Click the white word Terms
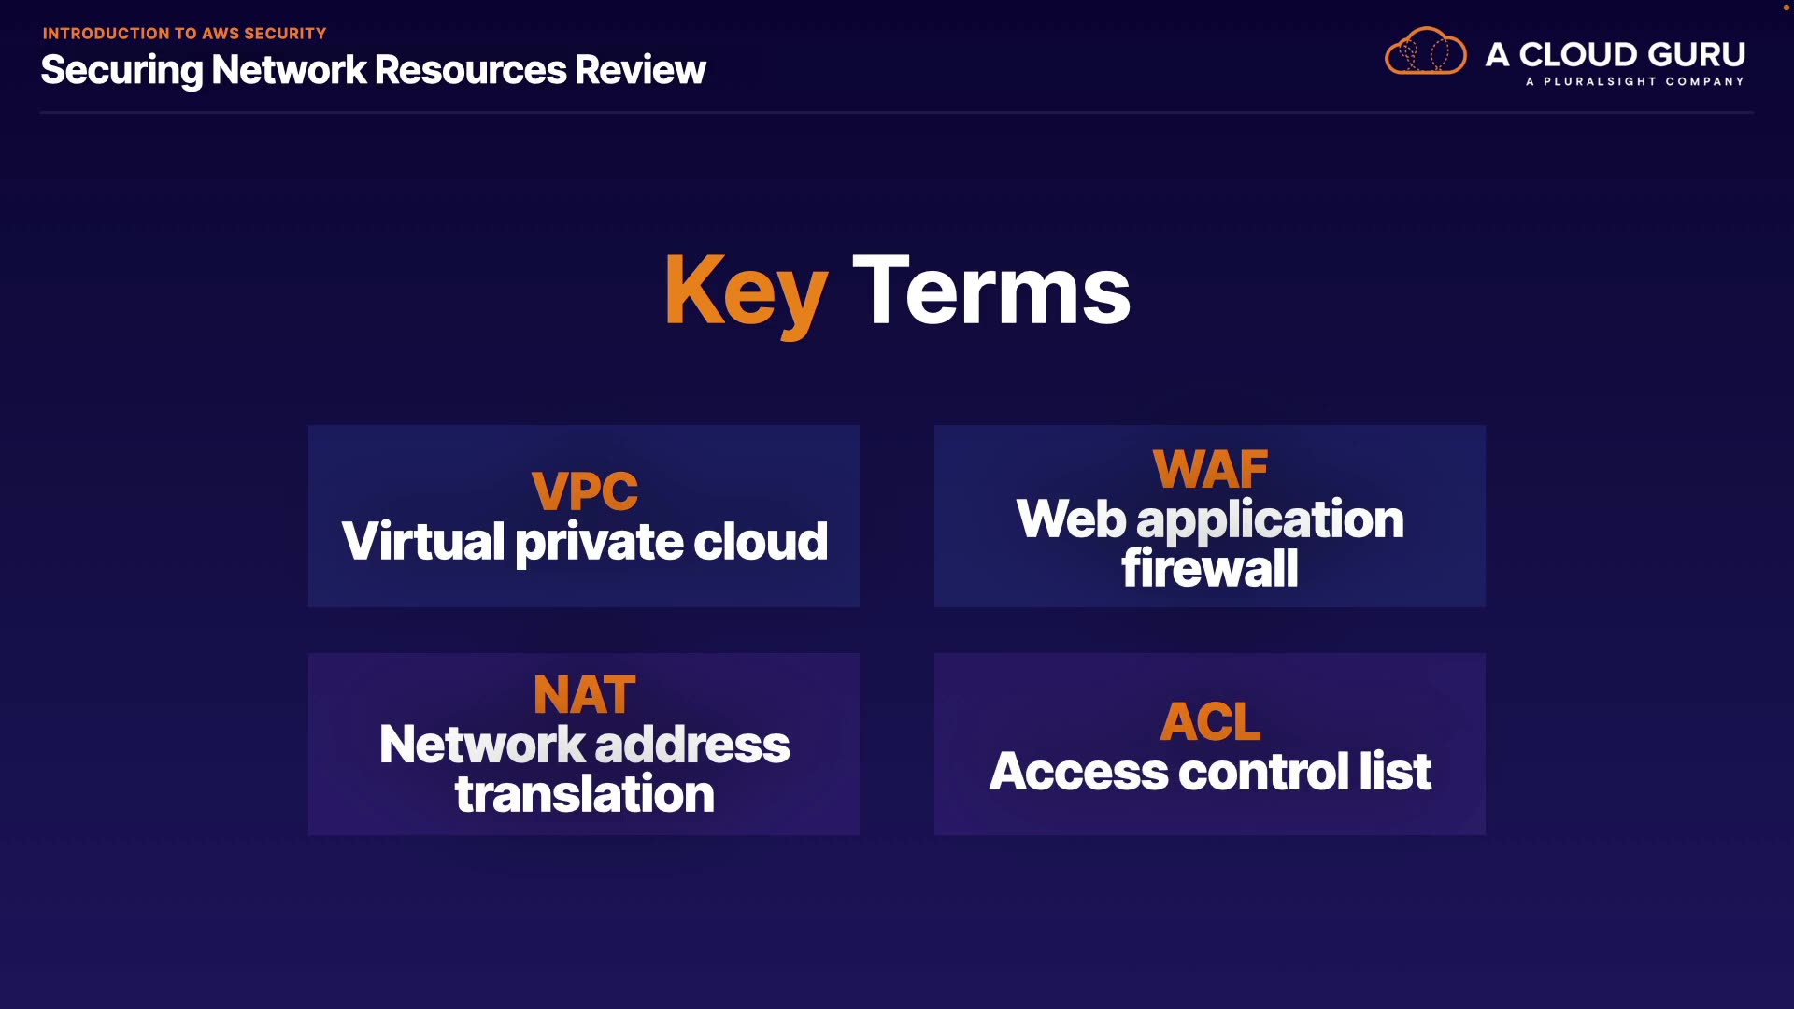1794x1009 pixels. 991,291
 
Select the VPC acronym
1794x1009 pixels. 585,490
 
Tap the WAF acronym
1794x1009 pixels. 1210,469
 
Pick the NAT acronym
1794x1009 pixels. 585,695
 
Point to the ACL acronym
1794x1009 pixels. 1210,721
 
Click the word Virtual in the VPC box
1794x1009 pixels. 423,541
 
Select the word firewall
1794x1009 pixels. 1210,568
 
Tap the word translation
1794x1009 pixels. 585,794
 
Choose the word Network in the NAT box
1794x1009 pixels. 482,745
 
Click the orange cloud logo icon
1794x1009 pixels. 1426,50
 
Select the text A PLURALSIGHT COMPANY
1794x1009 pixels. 1635,81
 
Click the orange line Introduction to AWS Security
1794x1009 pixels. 184,34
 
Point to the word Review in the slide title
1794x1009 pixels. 640,70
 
